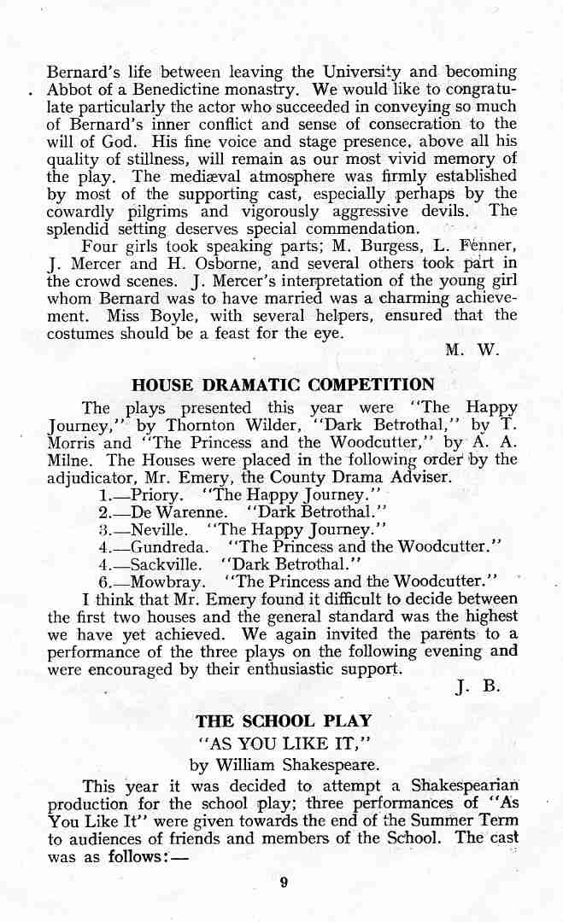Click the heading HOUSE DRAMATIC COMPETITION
coord(283,385)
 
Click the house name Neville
coord(156,529)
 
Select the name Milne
coord(69,460)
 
